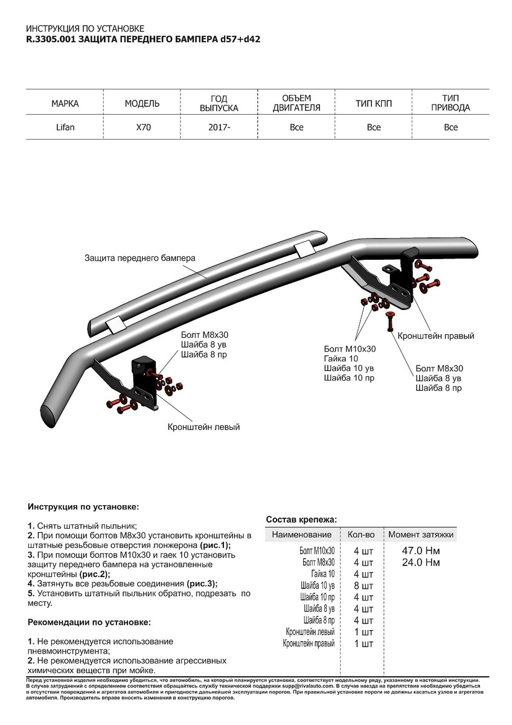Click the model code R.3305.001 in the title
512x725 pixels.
[51, 38]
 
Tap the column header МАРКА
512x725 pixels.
[65, 104]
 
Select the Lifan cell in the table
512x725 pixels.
[65, 127]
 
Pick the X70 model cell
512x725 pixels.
[142, 127]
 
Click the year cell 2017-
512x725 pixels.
[220, 127]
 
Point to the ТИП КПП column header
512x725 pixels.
[374, 104]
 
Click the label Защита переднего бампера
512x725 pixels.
[140, 258]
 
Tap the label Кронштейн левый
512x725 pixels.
[203, 427]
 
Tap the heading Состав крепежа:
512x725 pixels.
[301, 520]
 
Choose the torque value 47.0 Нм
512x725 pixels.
[421, 551]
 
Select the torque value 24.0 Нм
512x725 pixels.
[421, 562]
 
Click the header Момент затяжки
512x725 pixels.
[421, 535]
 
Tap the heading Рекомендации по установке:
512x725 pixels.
[89, 622]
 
